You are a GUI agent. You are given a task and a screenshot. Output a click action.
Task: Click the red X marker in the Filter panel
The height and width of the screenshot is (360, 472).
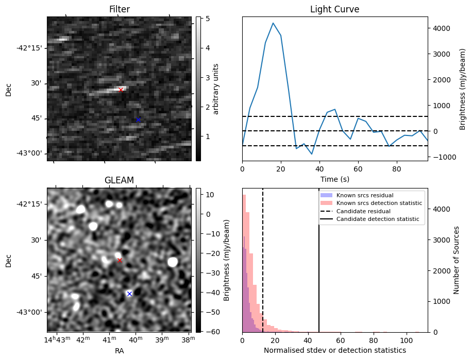[121, 90]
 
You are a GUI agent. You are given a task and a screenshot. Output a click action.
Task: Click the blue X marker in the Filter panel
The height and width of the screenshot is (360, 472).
[138, 119]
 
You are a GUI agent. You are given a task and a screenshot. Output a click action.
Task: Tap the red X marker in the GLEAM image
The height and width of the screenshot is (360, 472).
[120, 261]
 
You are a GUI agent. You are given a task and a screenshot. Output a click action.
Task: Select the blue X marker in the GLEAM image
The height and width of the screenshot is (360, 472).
[129, 294]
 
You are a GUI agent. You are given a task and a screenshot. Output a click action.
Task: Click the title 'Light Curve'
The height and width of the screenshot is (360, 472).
[334, 9]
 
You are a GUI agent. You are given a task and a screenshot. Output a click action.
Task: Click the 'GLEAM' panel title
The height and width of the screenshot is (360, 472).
[119, 180]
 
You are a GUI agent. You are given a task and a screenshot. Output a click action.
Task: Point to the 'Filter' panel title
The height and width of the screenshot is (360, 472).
[119, 9]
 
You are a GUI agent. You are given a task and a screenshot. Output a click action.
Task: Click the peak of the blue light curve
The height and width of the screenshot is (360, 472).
[273, 23]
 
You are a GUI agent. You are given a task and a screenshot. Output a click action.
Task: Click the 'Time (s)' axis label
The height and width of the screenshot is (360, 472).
[334, 179]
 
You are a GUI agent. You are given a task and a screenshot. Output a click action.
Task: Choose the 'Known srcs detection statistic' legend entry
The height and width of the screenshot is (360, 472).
[379, 203]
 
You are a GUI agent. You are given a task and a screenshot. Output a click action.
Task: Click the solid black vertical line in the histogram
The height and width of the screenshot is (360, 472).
[319, 268]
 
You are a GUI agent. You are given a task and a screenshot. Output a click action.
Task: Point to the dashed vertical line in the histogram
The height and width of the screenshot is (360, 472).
[263, 268]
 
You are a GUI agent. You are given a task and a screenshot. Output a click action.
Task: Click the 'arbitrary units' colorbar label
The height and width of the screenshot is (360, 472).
[216, 89]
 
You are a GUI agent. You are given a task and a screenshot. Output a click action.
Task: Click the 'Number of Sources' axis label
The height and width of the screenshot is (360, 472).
[457, 260]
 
